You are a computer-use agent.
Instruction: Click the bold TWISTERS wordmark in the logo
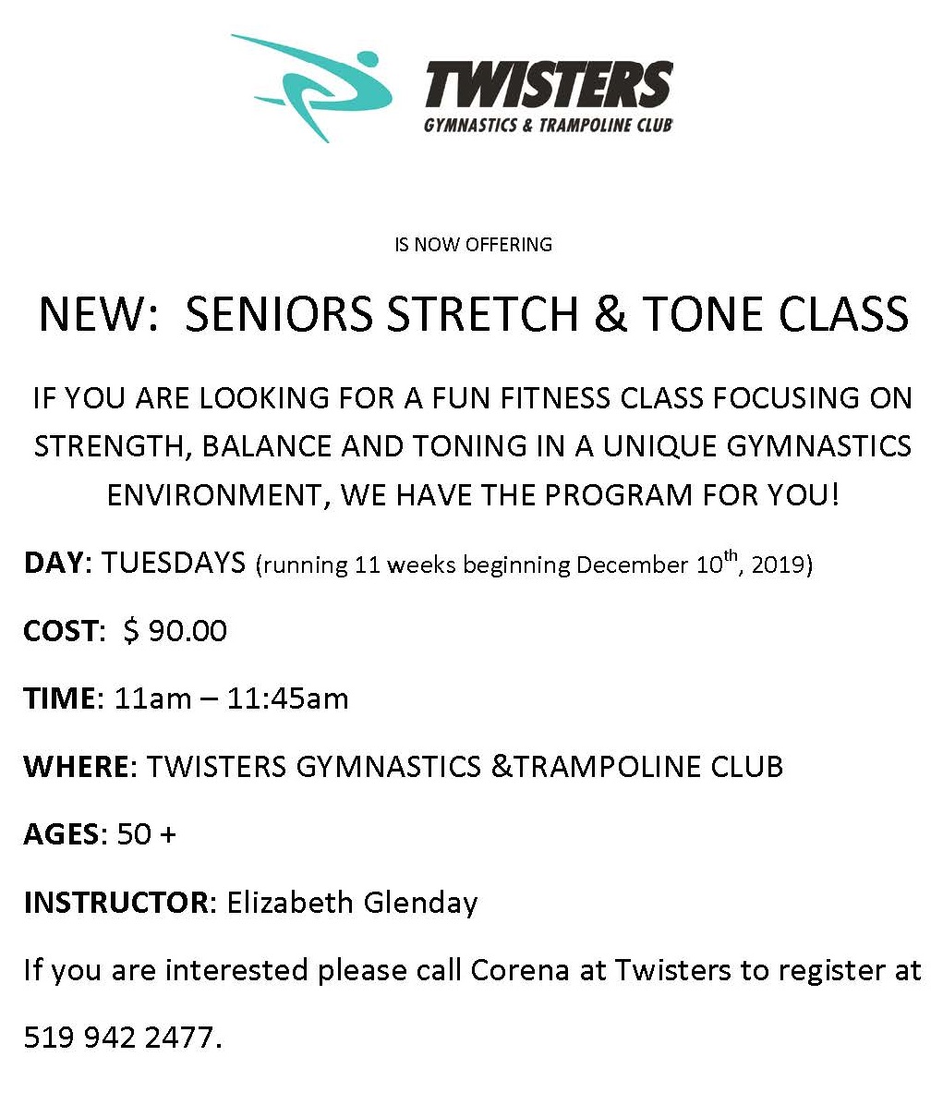tap(550, 85)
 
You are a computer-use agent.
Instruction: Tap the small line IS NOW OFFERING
tap(473, 245)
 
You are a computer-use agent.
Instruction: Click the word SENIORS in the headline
tap(280, 314)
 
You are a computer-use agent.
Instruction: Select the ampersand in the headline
tap(611, 314)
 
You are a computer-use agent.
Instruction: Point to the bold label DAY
tap(54, 563)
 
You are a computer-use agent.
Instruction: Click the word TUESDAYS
tap(174, 563)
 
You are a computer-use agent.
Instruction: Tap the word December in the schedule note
tap(632, 564)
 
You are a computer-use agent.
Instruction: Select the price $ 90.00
tap(175, 631)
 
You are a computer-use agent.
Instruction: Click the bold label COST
tap(61, 631)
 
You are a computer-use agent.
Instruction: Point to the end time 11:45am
tap(288, 698)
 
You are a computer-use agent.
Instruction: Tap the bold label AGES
tap(62, 834)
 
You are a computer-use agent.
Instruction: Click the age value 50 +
tap(146, 834)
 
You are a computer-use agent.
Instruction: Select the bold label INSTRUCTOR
tap(116, 903)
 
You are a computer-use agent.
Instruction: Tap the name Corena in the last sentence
tap(520, 970)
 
